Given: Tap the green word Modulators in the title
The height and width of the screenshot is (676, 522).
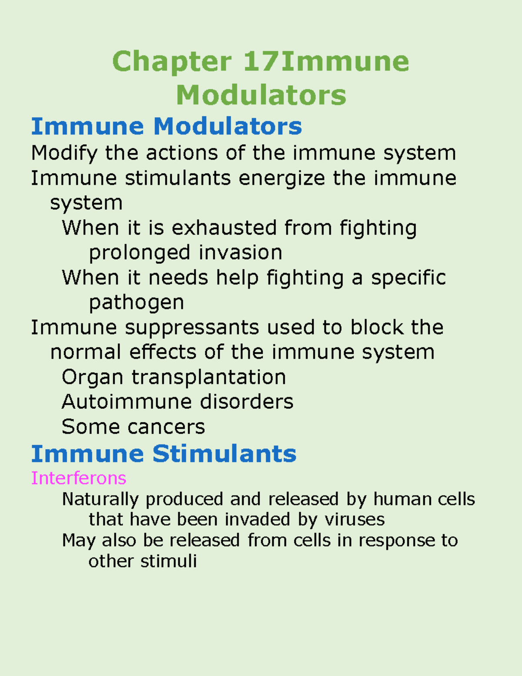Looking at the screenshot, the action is pos(261,95).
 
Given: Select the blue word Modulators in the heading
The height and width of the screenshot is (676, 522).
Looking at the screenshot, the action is pos(228,127).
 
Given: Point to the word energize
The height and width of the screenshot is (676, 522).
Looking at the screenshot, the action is pos(282,178).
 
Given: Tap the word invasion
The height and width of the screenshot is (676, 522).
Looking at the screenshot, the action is pos(240,252).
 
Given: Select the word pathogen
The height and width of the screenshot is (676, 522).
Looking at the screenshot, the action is pos(137,303).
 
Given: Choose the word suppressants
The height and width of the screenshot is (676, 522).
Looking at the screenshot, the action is pos(192,328).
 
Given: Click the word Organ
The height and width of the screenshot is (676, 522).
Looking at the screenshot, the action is pos(92,378).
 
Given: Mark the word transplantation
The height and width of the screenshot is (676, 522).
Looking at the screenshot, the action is pos(209,378).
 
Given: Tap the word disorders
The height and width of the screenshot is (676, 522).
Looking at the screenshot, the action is pos(247,402).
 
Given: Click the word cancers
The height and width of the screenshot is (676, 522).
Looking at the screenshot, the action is pos(166,427).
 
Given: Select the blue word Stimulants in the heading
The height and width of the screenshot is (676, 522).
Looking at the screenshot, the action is pos(224,454).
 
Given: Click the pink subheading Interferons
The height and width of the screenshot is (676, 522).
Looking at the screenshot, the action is pos(79,478).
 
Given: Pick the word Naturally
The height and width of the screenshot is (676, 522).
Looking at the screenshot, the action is pos(100,500).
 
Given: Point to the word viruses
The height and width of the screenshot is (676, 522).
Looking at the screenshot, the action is pos(355,520).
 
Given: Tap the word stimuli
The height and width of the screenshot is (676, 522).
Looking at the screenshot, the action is pos(169,561).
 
